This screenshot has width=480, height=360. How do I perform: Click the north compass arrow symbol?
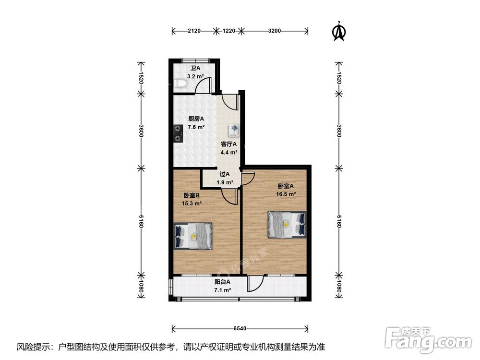(x=339, y=31)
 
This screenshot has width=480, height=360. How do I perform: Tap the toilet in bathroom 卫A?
(x=180, y=84)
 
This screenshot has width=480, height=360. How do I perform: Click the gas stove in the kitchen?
(x=179, y=133)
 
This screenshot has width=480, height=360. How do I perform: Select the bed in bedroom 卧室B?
(x=194, y=236)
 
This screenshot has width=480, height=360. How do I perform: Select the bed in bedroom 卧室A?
(x=287, y=224)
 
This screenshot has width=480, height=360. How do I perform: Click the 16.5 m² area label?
(x=286, y=194)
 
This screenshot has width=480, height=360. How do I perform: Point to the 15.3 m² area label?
(x=192, y=204)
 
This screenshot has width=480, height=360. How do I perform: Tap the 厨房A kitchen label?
(x=196, y=119)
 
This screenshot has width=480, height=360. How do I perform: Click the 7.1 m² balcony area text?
(x=222, y=290)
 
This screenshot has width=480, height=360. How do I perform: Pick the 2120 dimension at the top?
(x=193, y=31)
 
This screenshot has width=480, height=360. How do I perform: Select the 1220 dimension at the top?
(x=229, y=31)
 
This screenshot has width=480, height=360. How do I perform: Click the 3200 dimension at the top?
(x=274, y=31)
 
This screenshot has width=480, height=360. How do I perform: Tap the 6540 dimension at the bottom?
(x=240, y=329)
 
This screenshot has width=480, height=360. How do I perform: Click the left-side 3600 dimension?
(x=141, y=131)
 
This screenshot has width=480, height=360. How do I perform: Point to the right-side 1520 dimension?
(x=339, y=79)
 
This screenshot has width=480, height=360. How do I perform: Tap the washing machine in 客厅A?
(x=234, y=130)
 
